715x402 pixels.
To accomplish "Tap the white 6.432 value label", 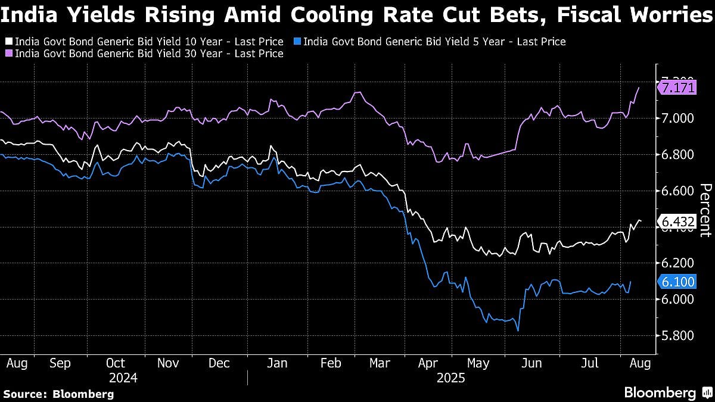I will pos(677,222).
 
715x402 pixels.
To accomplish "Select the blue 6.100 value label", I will pos(677,282).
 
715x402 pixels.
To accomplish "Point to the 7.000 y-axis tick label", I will pos(677,118).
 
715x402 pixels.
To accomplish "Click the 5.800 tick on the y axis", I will pos(677,336).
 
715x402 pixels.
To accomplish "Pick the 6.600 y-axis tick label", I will pos(677,191).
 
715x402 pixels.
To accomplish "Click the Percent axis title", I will pos(705,210).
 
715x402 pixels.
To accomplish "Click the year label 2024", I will pos(124,378).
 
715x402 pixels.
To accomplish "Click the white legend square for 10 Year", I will pos(8,42).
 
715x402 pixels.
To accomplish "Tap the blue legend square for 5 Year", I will pos(297,42).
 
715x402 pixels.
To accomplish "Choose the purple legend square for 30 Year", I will pos(8,54).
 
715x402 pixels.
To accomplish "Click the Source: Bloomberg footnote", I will pos(58,394).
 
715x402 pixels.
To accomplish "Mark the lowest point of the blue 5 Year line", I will pos(518,331).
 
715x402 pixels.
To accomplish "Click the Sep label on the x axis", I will pos(61,363).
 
